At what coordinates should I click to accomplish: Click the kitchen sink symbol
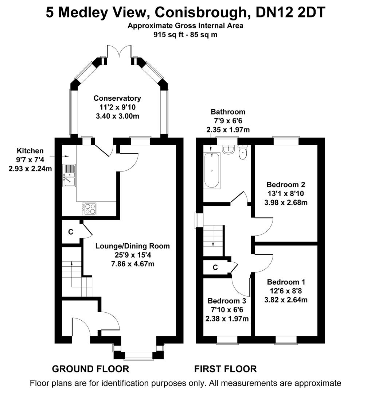69,175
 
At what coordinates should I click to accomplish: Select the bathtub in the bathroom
212,170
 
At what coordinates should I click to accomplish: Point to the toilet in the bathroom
243,152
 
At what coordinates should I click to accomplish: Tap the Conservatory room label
117,98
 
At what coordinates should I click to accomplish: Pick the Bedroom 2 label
286,184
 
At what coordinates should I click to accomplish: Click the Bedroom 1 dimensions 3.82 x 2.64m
286,300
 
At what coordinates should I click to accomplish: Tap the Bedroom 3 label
227,301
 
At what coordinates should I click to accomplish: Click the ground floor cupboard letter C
71,232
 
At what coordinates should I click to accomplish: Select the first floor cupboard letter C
215,267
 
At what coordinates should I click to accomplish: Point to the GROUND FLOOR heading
90,369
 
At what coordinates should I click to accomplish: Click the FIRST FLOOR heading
225,369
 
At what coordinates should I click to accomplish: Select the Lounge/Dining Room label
133,246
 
